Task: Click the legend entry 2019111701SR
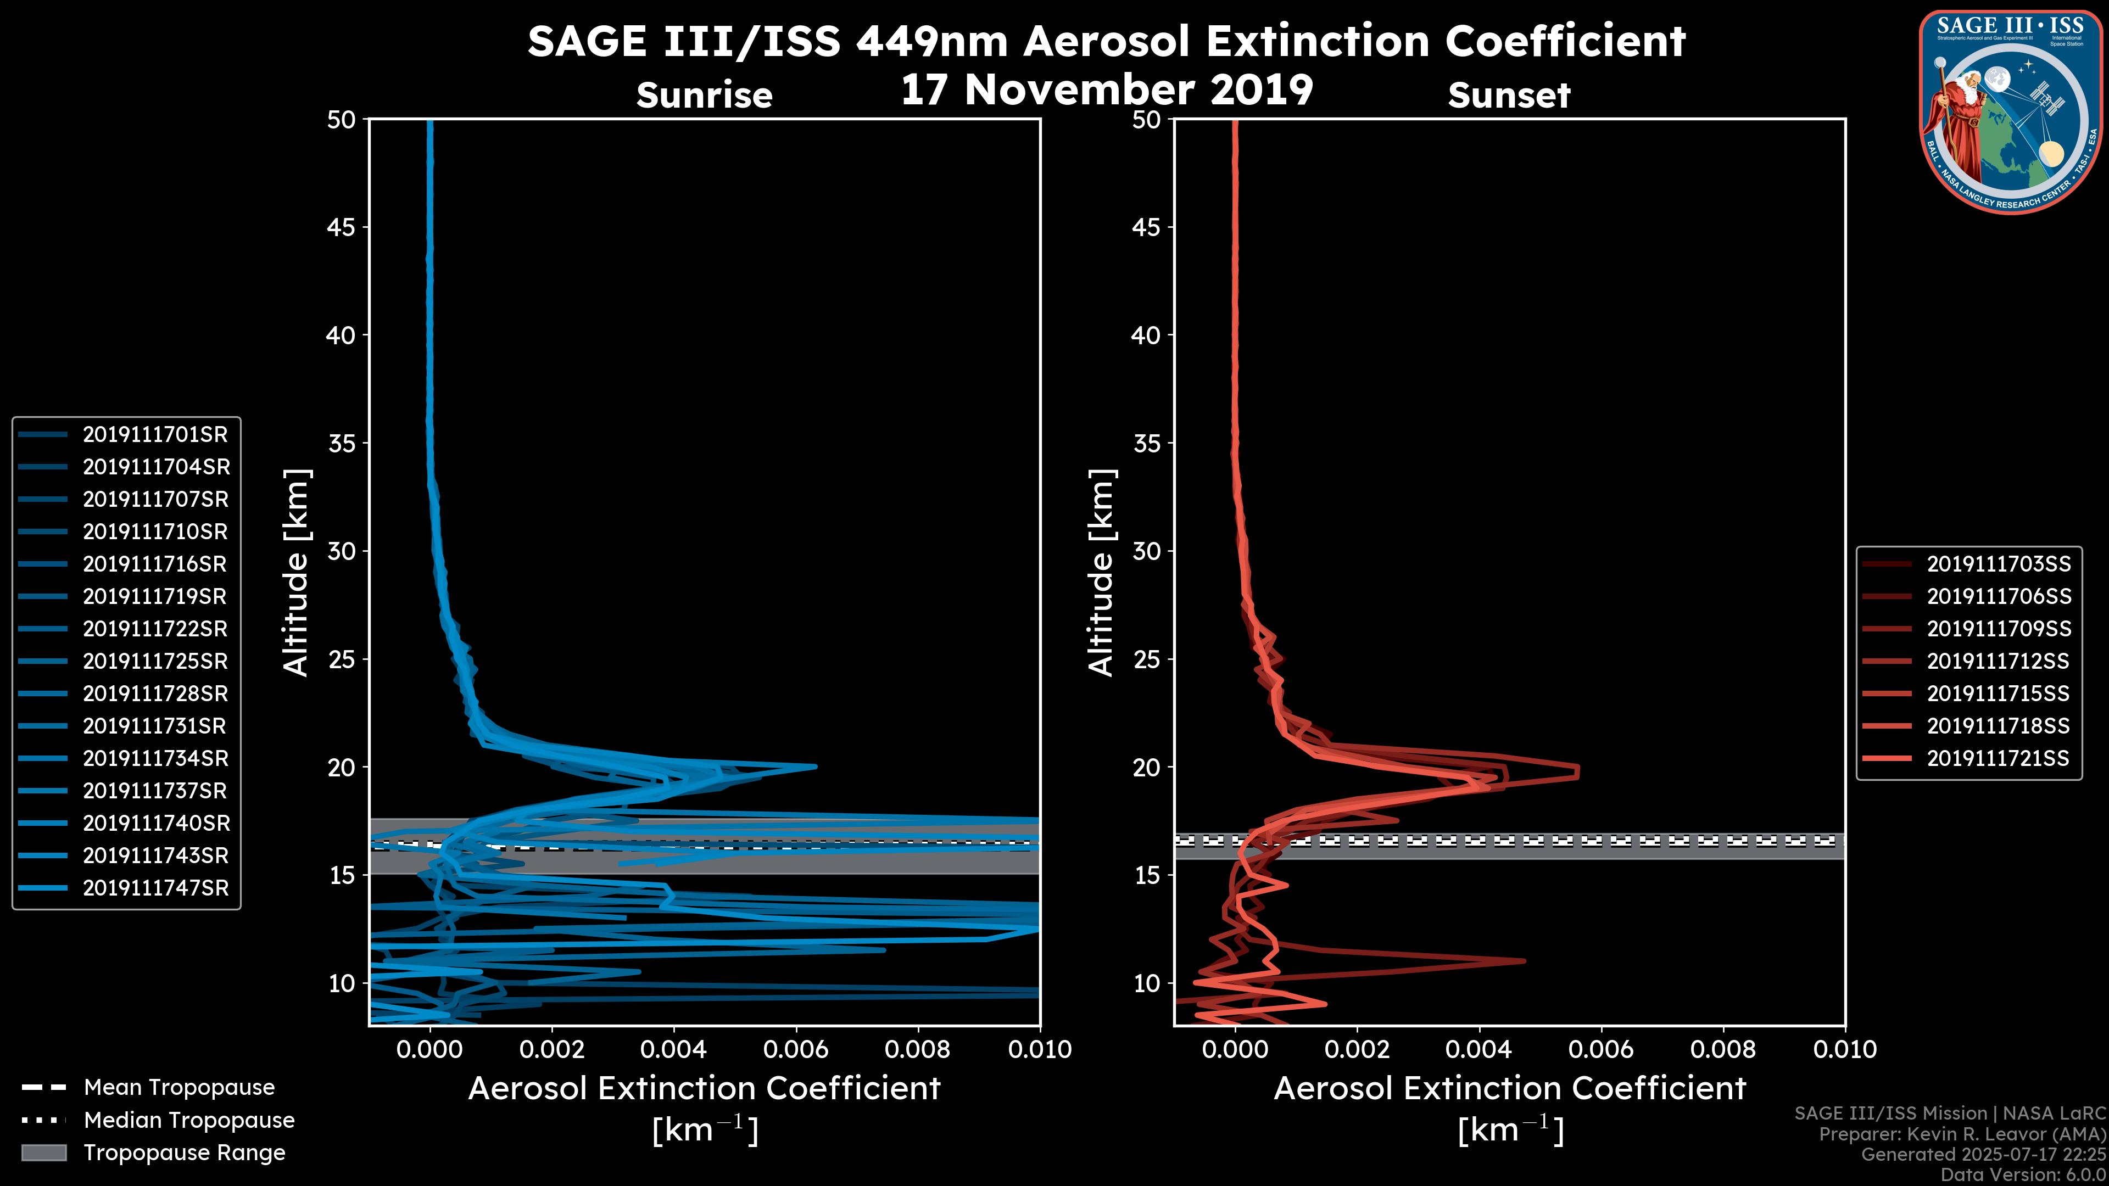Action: point(155,435)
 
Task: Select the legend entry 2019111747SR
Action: point(155,888)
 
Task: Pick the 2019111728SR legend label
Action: point(155,694)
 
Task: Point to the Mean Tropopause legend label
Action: point(179,1088)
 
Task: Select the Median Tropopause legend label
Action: point(189,1121)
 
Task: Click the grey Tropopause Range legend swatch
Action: point(44,1153)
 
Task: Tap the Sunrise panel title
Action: point(704,96)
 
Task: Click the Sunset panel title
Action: point(1509,96)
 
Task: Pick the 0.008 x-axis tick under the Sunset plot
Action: point(1723,1049)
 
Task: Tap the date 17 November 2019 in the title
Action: point(1107,90)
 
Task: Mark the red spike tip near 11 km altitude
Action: point(1524,960)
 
